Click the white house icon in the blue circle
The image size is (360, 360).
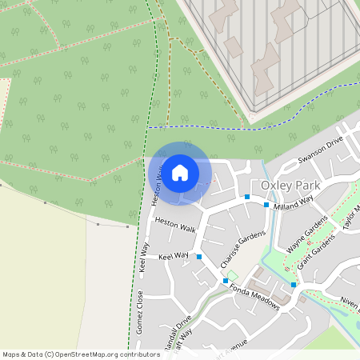coord(180,172)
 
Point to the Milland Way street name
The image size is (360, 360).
coord(292,206)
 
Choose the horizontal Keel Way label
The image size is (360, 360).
coord(174,256)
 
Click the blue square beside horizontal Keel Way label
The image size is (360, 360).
coord(198,257)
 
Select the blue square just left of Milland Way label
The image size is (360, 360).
coord(266,205)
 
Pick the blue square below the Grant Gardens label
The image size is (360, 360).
coord(294,284)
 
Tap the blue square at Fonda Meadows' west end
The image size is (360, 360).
coord(225,282)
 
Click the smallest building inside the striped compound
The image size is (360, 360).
coord(233,45)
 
